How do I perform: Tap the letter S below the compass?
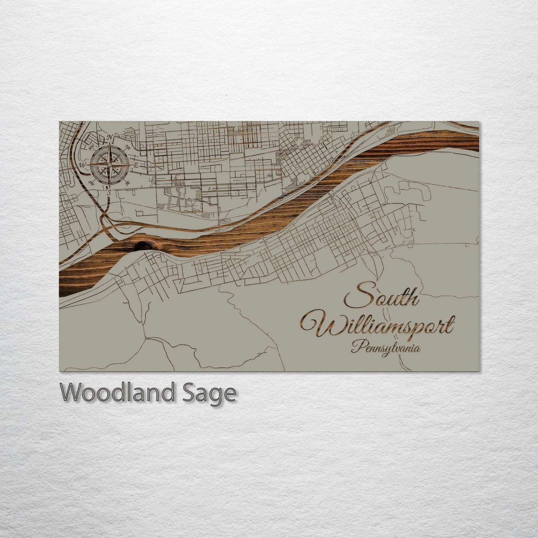[109, 192]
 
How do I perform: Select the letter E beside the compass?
[136, 165]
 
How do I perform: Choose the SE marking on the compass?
[128, 183]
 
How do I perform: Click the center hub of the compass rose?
[109, 165]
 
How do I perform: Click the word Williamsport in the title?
[378, 325]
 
